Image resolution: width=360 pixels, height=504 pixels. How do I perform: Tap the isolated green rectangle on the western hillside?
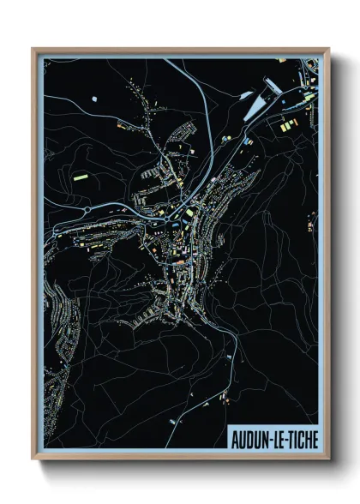(x=81, y=175)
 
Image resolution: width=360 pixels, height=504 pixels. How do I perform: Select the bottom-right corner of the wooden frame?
(x=327, y=459)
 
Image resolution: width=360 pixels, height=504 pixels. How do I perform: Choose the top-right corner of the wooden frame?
(x=327, y=50)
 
